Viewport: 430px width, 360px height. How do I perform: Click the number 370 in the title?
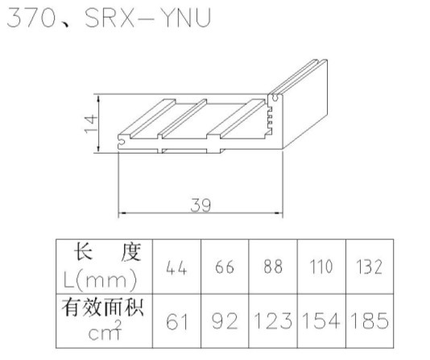31,18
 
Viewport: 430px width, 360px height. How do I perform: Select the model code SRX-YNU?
148,18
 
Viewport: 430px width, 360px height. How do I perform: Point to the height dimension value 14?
91,124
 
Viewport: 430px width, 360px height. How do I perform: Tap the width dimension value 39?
201,205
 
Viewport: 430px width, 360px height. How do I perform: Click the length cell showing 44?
176,267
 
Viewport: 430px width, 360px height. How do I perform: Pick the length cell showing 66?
225,267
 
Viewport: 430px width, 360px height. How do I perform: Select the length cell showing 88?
273,267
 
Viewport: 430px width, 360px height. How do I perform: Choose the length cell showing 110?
321,267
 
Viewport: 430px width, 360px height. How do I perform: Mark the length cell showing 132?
369,267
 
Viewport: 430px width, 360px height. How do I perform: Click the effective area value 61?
177,321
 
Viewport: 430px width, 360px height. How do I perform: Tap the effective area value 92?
225,321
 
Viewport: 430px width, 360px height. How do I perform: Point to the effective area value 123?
273,321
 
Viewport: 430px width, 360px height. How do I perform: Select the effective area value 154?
321,321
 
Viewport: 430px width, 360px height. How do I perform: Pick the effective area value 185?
370,321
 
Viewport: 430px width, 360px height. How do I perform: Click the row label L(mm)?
100,280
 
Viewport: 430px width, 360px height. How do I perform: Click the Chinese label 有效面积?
102,308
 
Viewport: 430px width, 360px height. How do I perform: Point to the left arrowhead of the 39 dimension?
122,213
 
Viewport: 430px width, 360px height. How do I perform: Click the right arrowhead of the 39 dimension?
279,213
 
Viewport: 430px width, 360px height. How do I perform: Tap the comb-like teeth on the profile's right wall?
270,121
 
